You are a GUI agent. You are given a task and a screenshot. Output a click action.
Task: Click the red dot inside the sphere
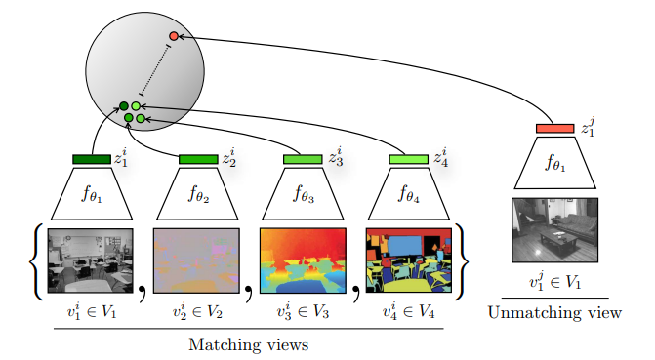[x=174, y=36]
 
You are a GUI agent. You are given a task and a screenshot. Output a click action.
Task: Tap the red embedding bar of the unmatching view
[x=554, y=128]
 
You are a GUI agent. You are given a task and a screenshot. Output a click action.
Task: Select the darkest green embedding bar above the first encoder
[x=92, y=159]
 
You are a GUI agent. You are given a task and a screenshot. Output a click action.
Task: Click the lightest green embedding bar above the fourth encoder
[x=409, y=159]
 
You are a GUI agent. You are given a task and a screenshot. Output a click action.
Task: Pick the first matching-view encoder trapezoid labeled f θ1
[x=92, y=193]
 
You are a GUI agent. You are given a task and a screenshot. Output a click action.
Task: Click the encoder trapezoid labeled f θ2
[x=198, y=193]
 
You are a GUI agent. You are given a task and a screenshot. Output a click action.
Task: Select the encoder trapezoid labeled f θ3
[x=304, y=193]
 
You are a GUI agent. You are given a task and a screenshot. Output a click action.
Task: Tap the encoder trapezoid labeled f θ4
[x=409, y=193]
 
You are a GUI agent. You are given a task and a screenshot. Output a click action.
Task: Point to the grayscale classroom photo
[x=91, y=260]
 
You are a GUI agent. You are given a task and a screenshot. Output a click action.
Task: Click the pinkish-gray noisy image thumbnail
[x=196, y=260]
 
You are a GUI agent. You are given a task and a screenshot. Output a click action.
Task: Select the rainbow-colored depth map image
[x=303, y=260]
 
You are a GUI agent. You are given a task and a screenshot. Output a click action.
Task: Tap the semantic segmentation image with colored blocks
[x=408, y=260]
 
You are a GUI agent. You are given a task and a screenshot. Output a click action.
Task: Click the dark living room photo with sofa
[x=554, y=230]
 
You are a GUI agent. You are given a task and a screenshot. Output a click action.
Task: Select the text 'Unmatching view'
[x=555, y=312]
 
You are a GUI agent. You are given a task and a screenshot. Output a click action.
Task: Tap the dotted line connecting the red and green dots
[x=157, y=67]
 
